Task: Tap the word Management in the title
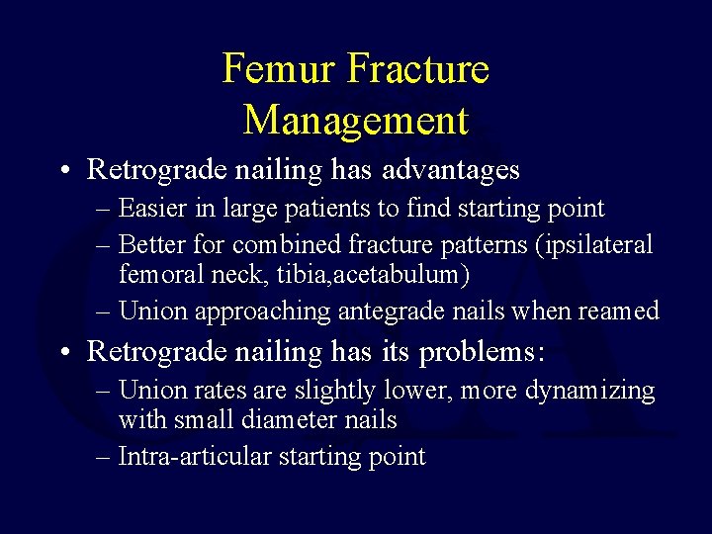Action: tap(356, 120)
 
